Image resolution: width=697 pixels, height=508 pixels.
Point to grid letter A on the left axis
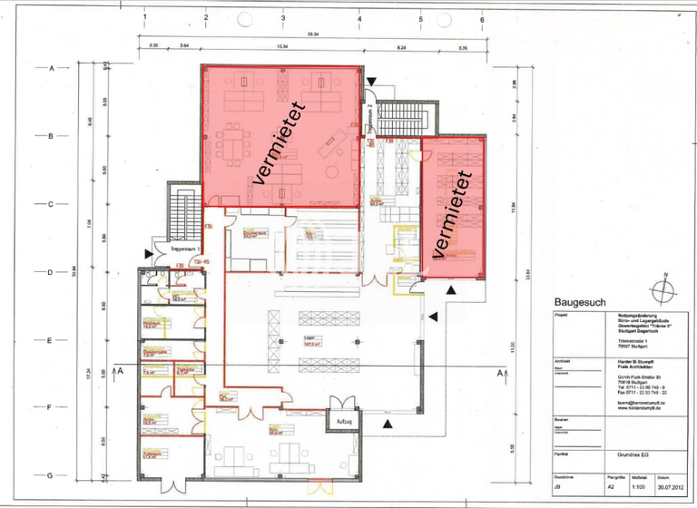52,68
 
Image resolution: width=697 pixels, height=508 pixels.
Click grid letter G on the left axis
52,474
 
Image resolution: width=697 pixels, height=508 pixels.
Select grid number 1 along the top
145,17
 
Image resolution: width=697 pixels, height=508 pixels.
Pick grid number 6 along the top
482,17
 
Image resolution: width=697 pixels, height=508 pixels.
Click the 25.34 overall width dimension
313,34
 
